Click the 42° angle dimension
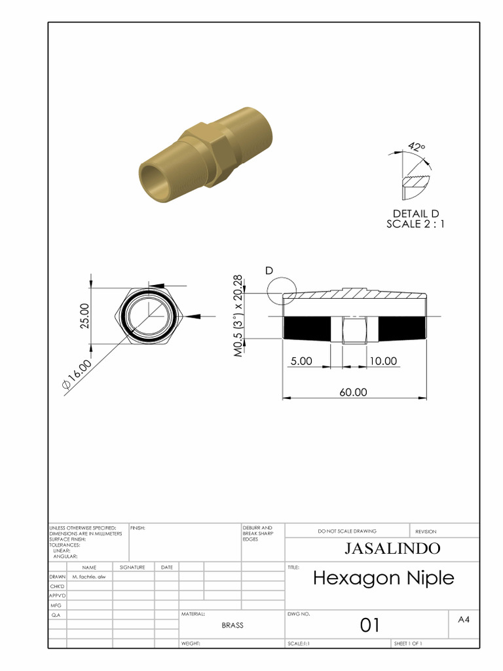(416, 146)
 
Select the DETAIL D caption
(415, 214)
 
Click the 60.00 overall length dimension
(353, 392)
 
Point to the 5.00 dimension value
(301, 361)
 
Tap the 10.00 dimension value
(382, 361)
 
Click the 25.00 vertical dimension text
(85, 316)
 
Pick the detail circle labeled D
(282, 288)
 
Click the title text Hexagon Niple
(382, 578)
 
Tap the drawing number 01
(370, 625)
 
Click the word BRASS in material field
(232, 625)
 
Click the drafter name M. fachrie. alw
(88, 576)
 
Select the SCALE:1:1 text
(299, 643)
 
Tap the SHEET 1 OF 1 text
(409, 643)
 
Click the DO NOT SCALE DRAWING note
(347, 531)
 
